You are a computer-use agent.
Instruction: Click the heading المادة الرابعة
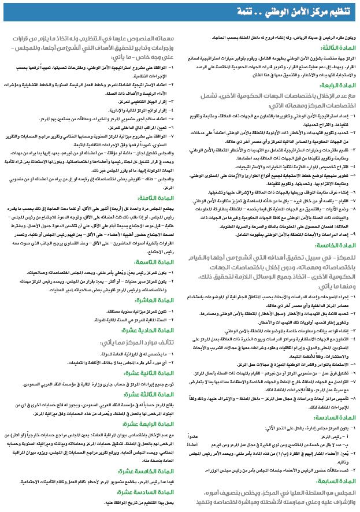(335, 84)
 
